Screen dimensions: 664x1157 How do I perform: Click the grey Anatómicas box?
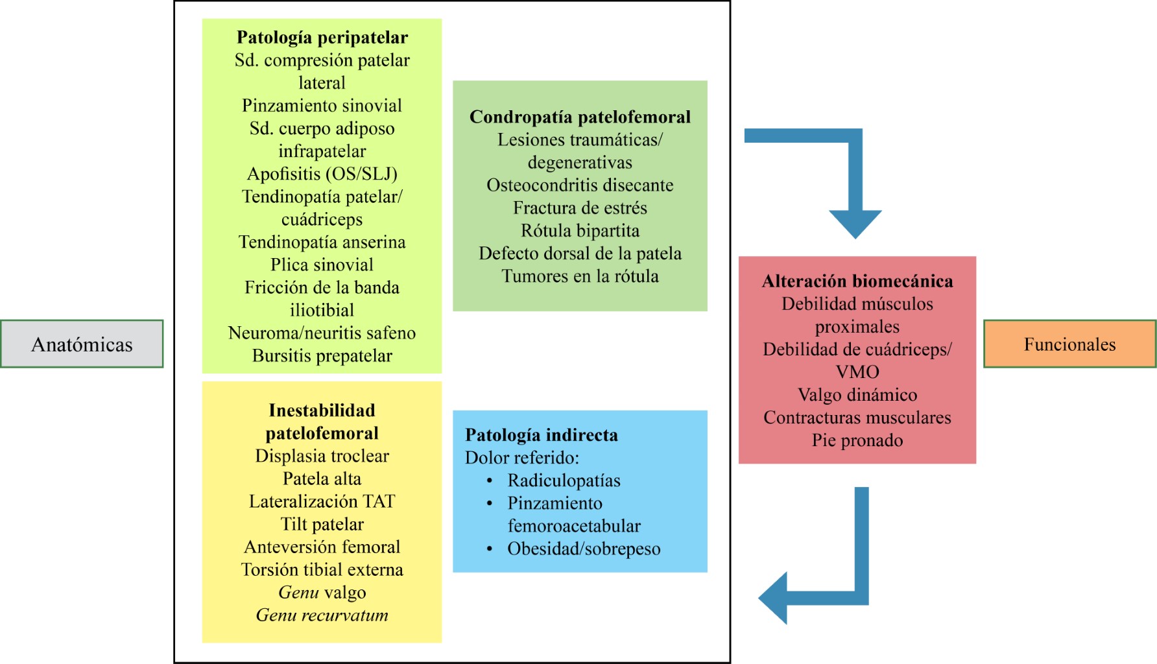click(82, 344)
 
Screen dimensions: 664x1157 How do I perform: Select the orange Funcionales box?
click(1069, 344)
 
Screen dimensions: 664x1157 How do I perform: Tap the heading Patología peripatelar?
click(322, 38)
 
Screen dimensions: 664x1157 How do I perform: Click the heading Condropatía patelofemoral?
click(580, 117)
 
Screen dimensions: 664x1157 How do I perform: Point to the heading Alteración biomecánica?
click(857, 281)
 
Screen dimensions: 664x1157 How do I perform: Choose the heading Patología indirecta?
click(542, 434)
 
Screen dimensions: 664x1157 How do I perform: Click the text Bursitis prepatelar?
click(322, 355)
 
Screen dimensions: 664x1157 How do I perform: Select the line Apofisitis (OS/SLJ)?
click(322, 174)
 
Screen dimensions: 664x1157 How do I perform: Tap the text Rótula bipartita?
click(580, 231)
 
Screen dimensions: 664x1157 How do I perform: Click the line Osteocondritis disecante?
click(580, 185)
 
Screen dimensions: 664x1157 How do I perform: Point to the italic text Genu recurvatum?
click(322, 615)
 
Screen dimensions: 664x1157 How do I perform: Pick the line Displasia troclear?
click(322, 456)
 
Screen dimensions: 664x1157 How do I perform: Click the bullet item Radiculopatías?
click(564, 480)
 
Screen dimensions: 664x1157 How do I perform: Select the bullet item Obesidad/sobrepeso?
click(584, 549)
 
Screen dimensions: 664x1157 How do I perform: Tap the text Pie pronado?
click(857, 440)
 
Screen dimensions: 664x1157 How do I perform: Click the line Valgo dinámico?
click(857, 395)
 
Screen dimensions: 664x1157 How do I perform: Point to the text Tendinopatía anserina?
click(322, 242)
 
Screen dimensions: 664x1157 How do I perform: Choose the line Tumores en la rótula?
click(580, 276)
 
